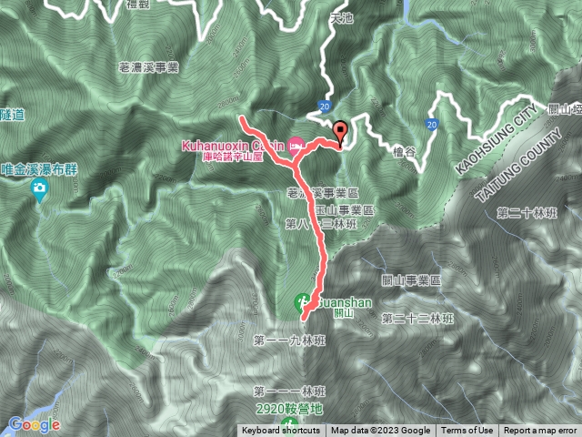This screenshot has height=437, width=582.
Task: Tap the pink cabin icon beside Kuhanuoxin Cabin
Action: point(297,143)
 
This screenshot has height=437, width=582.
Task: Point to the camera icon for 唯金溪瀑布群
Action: point(38,189)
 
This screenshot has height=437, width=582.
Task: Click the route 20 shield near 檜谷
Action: point(430,122)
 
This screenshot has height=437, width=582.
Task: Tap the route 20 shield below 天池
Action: point(325,107)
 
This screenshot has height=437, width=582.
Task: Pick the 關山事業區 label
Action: point(409,281)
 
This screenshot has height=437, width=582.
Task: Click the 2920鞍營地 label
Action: point(289,409)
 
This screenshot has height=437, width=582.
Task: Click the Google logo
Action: point(34,424)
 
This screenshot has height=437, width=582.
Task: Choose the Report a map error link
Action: point(540,431)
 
